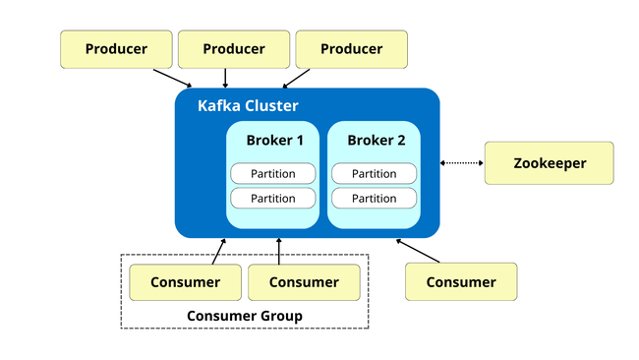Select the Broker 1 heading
tap(274, 140)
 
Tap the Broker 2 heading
tap(376, 140)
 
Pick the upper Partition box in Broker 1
tap(273, 174)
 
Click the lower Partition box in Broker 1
tap(273, 199)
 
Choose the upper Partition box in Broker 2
tap(374, 174)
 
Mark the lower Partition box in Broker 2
tap(374, 199)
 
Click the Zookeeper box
tap(549, 163)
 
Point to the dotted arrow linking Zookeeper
tap(462, 163)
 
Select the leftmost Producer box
tap(116, 49)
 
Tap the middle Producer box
tap(233, 49)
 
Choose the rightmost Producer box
tap(351, 49)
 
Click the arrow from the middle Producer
tap(226, 78)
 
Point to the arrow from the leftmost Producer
tap(173, 79)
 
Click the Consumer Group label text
tap(244, 316)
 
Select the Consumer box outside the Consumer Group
tap(461, 282)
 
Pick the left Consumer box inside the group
tap(185, 282)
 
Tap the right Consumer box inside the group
tap(303, 282)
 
